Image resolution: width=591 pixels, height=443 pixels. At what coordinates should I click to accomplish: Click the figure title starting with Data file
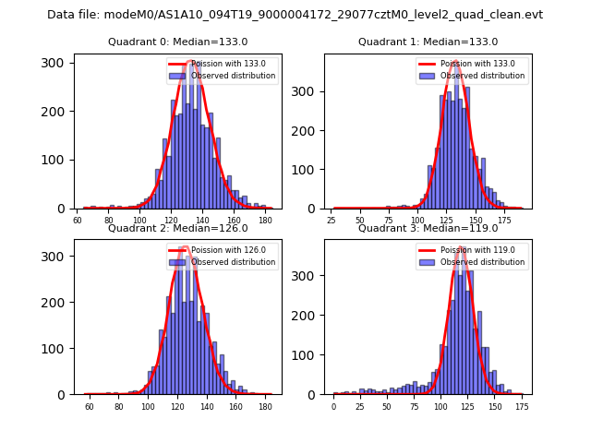coord(295,15)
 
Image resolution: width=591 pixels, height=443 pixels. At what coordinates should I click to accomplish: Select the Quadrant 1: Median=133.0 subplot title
coord(428,42)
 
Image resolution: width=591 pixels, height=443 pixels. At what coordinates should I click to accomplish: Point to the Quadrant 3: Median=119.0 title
coord(428,228)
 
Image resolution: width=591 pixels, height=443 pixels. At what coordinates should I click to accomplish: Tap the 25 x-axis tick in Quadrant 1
coord(332,221)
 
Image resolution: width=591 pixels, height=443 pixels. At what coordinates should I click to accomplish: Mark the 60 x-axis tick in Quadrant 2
coord(89,406)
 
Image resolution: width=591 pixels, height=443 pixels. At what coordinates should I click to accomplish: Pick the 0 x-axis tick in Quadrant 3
coord(334,406)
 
